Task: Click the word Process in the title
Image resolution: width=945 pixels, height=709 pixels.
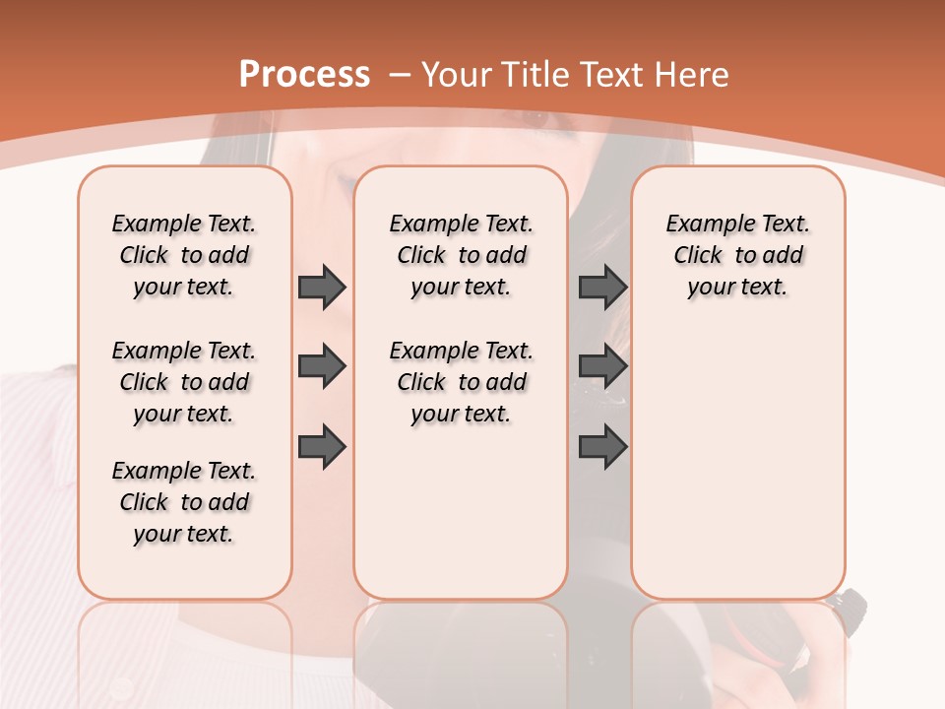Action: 304,75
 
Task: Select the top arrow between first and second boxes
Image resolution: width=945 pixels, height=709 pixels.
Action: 322,287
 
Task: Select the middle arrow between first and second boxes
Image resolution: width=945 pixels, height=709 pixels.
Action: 322,366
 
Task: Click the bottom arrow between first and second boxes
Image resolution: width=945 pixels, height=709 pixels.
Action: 322,446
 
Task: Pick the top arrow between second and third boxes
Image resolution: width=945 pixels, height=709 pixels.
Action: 602,287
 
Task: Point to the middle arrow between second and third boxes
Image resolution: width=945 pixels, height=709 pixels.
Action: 602,366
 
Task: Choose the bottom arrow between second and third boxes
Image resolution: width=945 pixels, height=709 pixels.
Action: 602,446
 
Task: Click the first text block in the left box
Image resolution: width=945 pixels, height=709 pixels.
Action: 184,255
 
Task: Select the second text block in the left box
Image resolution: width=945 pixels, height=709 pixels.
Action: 184,382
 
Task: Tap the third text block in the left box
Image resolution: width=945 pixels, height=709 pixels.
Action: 184,502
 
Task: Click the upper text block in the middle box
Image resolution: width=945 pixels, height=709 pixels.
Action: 461,255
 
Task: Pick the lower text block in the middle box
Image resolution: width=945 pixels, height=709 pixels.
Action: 461,382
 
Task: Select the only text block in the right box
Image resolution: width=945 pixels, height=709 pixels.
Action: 737,255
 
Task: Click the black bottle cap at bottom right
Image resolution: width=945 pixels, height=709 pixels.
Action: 850,600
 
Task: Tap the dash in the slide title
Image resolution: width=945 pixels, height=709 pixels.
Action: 400,75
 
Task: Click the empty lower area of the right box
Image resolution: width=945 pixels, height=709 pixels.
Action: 737,473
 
